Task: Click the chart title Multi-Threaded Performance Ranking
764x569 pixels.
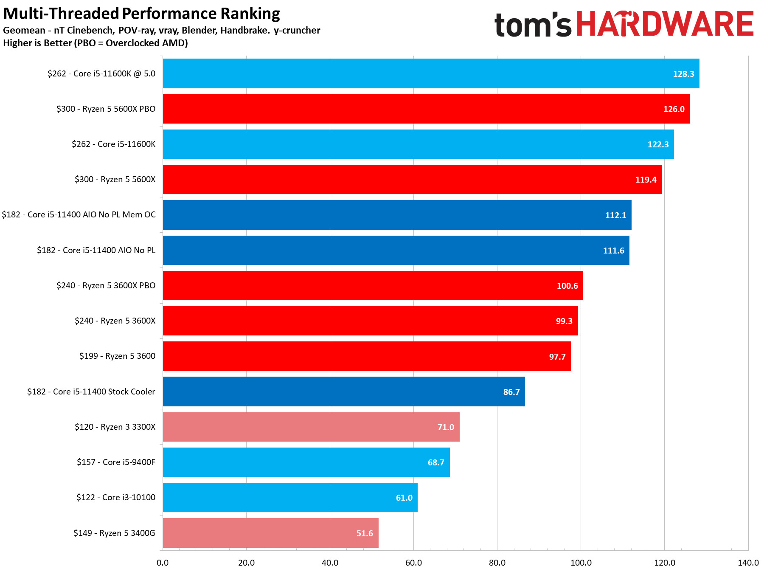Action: [141, 14]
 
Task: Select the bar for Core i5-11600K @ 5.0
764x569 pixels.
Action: [431, 73]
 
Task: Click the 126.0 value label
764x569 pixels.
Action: [674, 109]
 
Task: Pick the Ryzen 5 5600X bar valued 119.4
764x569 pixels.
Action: [412, 180]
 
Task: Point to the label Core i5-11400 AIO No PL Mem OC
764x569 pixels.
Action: [79, 215]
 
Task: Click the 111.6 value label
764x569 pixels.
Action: [613, 251]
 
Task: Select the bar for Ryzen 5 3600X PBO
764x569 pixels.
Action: [373, 286]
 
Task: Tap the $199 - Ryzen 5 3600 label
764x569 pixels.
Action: [117, 356]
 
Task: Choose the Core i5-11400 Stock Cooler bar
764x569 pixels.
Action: [344, 392]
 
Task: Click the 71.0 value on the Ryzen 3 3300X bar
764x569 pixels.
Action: [446, 427]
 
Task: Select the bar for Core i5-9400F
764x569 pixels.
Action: [306, 462]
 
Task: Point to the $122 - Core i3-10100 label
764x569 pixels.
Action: [116, 498]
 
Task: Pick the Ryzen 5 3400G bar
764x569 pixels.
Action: [270, 533]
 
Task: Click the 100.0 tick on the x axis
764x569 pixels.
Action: [581, 563]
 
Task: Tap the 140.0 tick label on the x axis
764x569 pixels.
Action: [748, 563]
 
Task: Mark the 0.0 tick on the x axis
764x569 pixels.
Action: [163, 563]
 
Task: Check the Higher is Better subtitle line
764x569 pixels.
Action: [95, 43]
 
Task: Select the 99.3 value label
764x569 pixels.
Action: [564, 321]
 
